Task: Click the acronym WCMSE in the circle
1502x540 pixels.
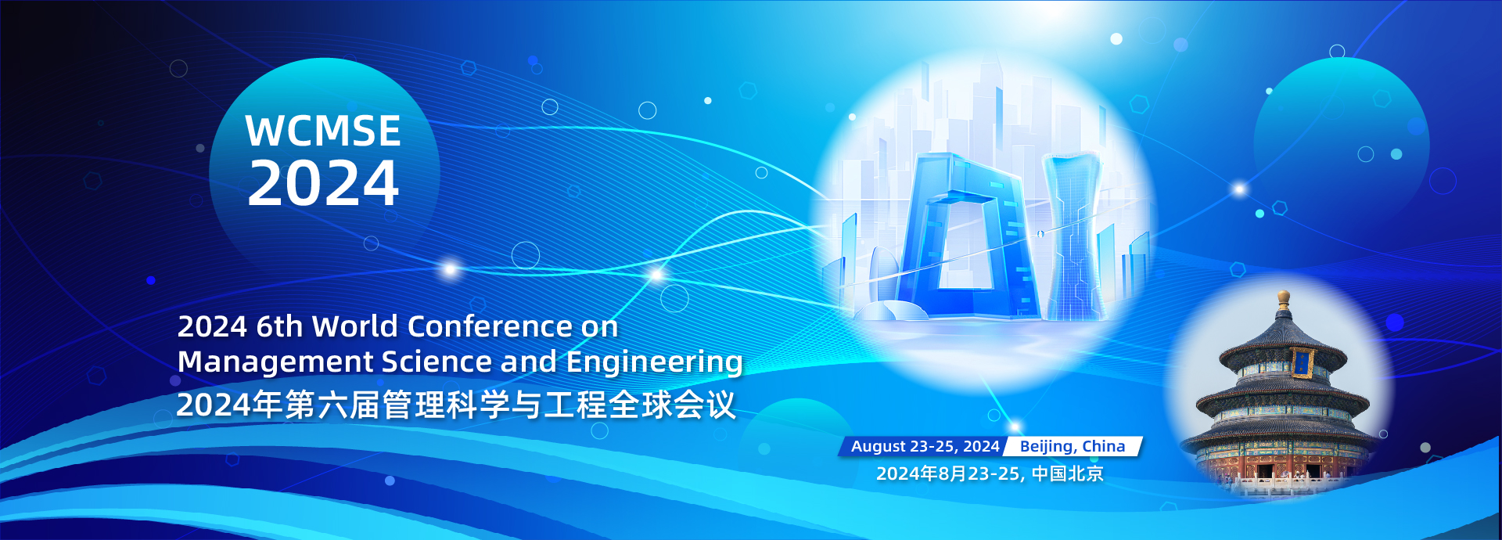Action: click(x=323, y=131)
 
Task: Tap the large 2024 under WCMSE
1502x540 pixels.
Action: click(x=323, y=183)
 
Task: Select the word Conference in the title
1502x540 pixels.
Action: click(x=490, y=326)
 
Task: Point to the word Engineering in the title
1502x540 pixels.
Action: click(x=654, y=362)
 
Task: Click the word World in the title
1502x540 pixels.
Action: click(x=356, y=326)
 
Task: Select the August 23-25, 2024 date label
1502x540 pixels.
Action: click(x=925, y=446)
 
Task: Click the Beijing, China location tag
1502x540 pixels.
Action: click(x=1073, y=446)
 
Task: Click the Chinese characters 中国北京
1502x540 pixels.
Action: click(x=1067, y=473)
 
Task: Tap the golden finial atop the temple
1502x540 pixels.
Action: click(x=1283, y=298)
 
